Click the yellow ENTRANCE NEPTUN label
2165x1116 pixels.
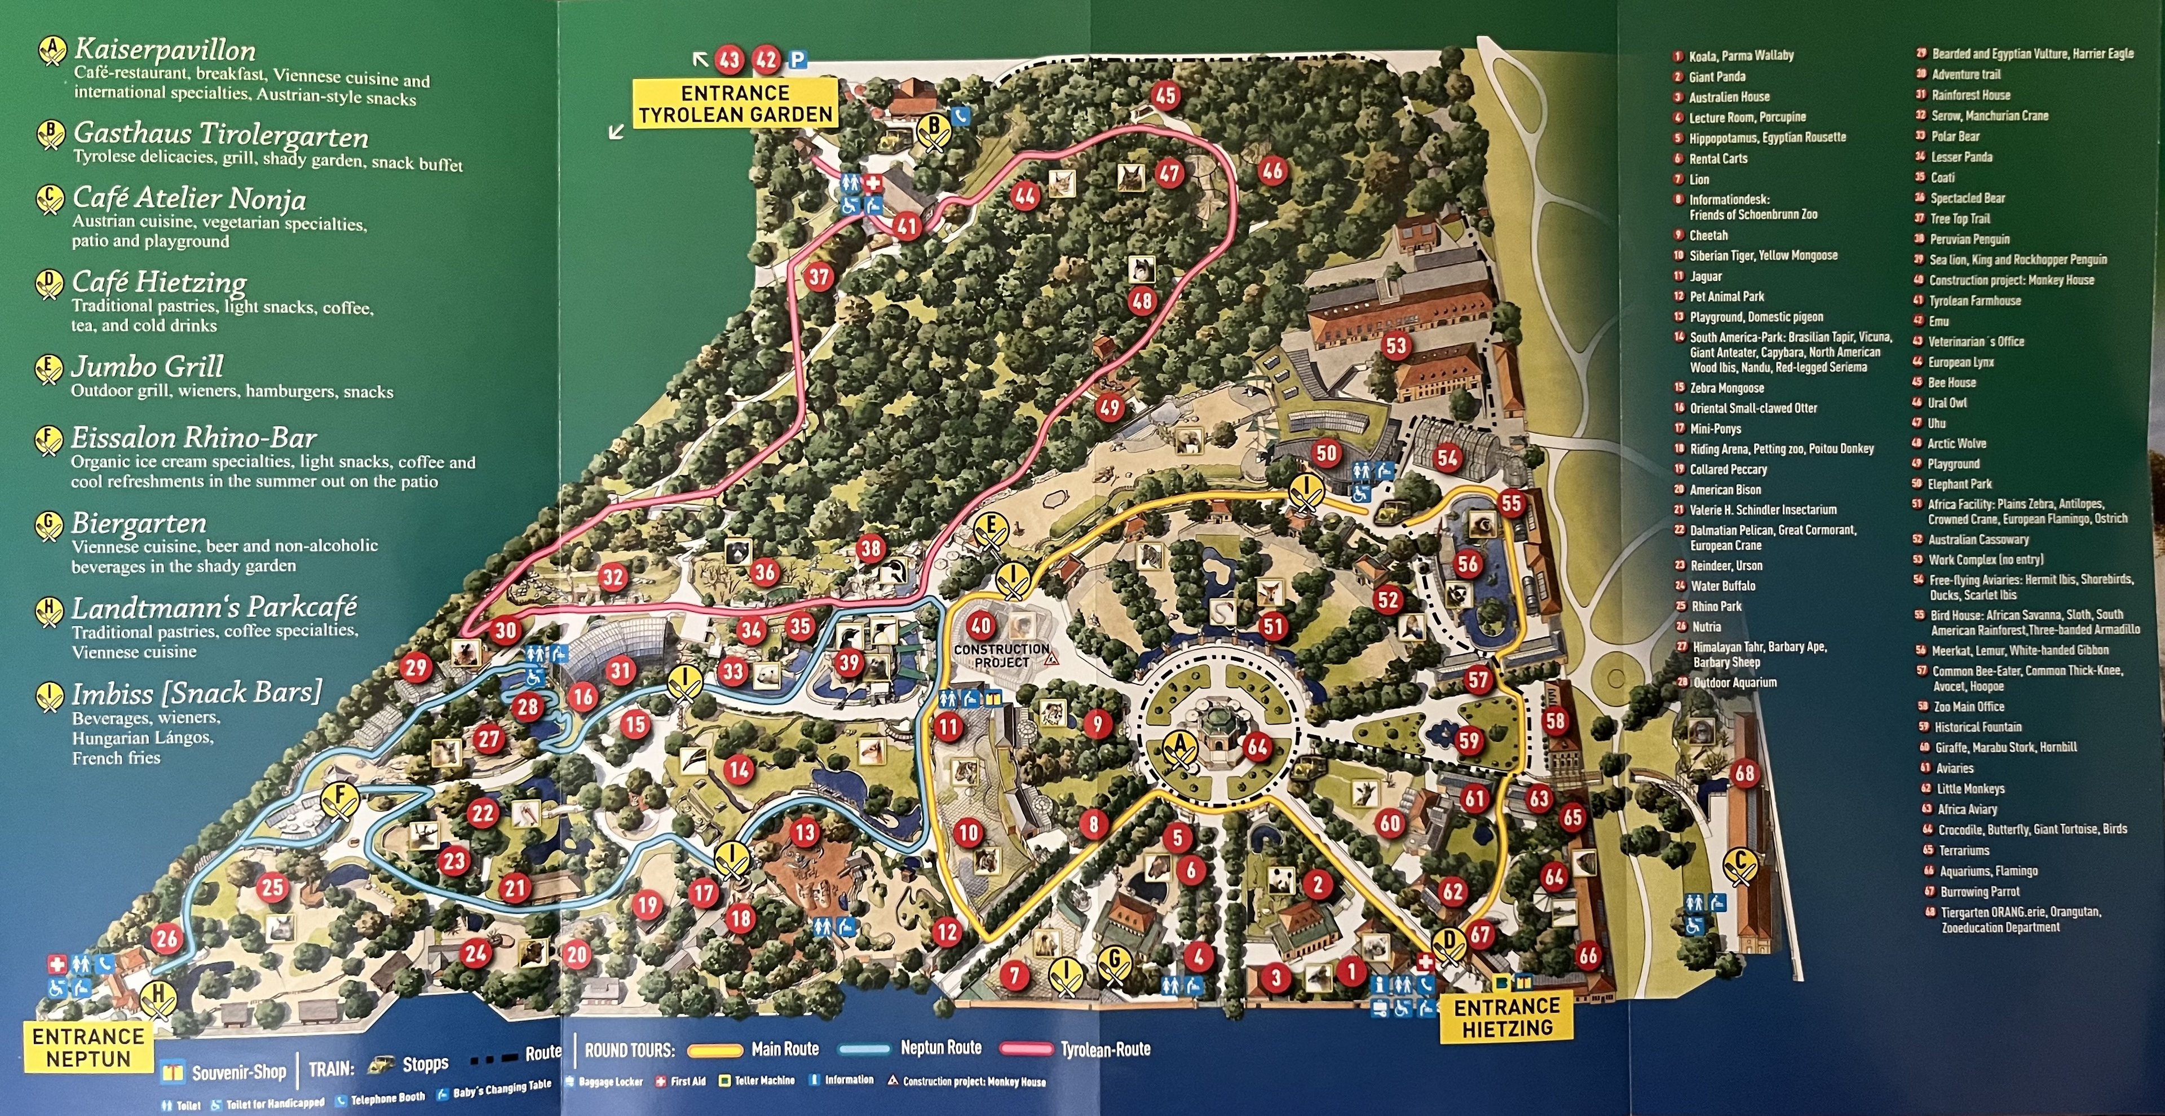(89, 1047)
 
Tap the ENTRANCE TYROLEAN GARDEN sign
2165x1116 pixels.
(735, 103)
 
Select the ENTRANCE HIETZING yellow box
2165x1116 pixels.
(1507, 1017)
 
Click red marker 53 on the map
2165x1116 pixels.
(1396, 345)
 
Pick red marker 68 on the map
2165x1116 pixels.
(1746, 773)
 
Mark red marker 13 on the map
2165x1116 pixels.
(805, 832)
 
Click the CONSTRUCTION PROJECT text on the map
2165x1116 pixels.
(1001, 655)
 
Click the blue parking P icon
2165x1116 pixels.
(797, 60)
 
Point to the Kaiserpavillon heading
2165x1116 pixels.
(165, 50)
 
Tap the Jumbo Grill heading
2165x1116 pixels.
(147, 367)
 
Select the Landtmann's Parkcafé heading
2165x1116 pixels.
(214, 607)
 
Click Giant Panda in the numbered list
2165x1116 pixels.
(1717, 77)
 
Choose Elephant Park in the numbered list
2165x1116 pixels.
(1959, 484)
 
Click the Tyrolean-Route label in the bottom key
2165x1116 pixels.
(1104, 1049)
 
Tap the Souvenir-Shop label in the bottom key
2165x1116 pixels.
(238, 1071)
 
